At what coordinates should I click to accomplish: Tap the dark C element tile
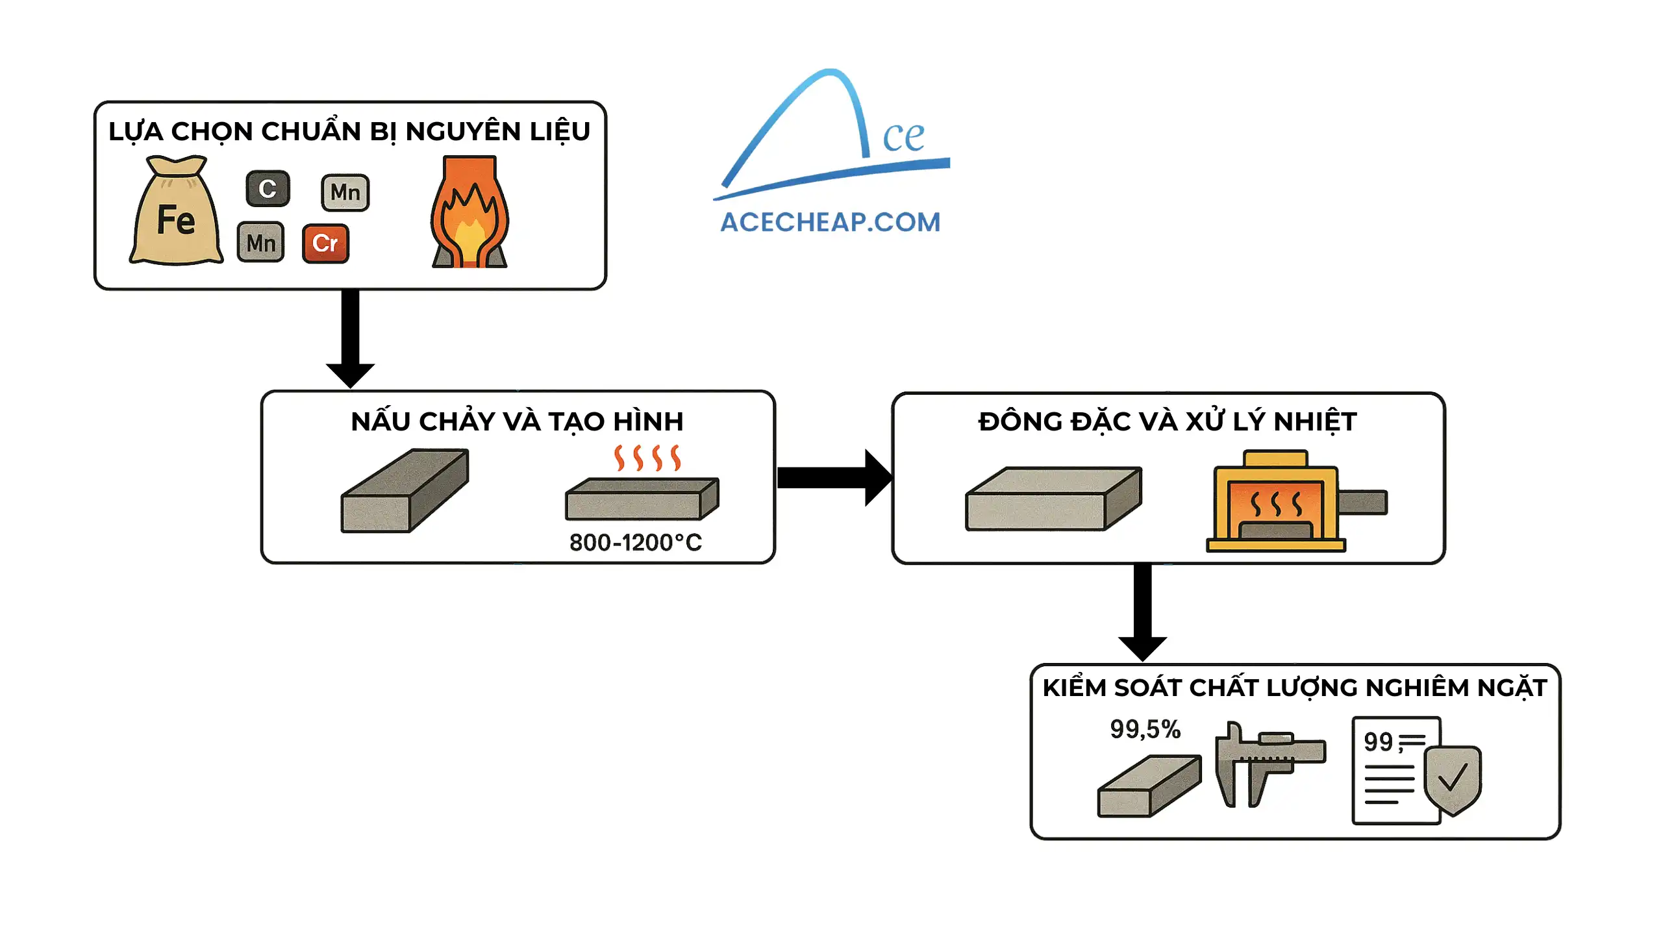(x=268, y=189)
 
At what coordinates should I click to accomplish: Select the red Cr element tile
(x=325, y=243)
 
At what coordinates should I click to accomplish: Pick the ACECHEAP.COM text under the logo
(x=831, y=223)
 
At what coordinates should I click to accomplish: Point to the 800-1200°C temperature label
(x=636, y=543)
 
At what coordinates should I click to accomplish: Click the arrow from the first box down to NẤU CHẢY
(x=350, y=338)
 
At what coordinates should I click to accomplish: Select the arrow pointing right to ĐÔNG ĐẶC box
(x=834, y=478)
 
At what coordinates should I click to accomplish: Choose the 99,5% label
(x=1145, y=729)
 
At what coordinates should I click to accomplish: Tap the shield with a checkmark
(x=1453, y=779)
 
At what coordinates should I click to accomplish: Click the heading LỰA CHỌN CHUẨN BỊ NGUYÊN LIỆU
(x=349, y=132)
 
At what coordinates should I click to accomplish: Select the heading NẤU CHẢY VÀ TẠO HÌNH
(x=517, y=422)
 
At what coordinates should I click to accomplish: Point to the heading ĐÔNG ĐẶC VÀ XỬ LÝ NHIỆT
(x=1168, y=422)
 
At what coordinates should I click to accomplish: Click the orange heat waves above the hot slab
(x=647, y=458)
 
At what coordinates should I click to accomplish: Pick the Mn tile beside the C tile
(x=345, y=193)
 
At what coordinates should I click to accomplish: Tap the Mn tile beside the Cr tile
(x=261, y=243)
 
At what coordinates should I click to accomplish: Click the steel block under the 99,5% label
(x=1149, y=786)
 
